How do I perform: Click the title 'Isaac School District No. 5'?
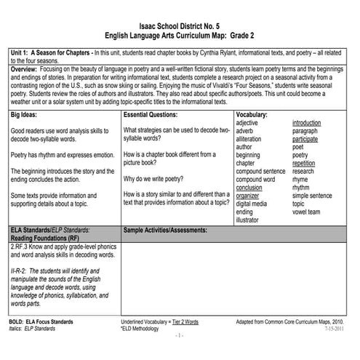point(180,25)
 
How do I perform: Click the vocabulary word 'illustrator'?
point(251,219)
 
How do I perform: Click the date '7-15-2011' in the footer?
point(333,329)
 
